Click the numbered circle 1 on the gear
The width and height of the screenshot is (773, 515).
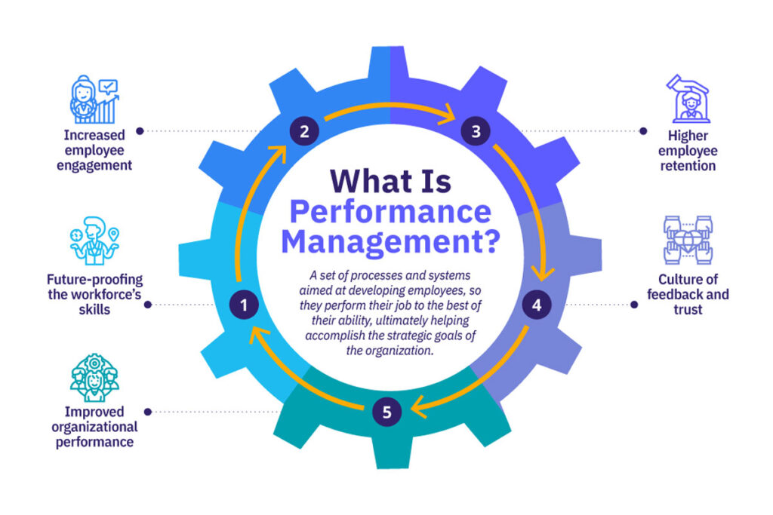(x=244, y=305)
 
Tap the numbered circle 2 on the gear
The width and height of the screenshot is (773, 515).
(x=304, y=131)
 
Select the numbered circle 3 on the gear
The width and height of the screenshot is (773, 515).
(x=476, y=131)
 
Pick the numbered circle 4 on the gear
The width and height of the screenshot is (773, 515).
(x=537, y=305)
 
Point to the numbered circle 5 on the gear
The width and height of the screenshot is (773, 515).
(x=387, y=412)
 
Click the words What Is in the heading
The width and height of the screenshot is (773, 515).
(x=390, y=181)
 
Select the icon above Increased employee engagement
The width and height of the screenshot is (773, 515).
(x=94, y=99)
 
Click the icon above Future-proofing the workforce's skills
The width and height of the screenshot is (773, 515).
(x=94, y=241)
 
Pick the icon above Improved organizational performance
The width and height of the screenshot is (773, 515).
(x=94, y=378)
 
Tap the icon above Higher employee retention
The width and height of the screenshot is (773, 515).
(x=688, y=99)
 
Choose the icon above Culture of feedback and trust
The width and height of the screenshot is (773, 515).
(x=688, y=240)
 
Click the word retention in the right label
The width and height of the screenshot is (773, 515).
(x=688, y=166)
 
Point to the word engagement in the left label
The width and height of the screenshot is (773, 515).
(x=94, y=166)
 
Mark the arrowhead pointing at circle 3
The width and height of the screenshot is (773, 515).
(x=448, y=114)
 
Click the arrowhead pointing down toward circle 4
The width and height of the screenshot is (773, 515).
(x=543, y=273)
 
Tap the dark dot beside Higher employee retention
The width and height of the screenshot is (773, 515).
(x=643, y=131)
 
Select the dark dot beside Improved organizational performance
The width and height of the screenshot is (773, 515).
(x=147, y=412)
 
